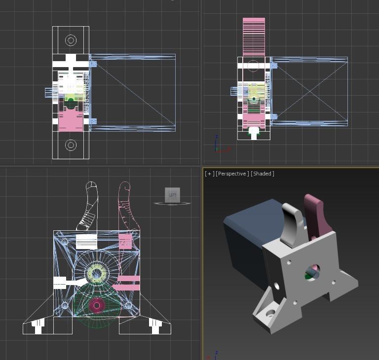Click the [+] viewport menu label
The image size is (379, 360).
(210, 174)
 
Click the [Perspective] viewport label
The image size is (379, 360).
(232, 174)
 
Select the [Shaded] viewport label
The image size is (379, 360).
(262, 174)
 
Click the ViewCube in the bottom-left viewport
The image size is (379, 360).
(172, 195)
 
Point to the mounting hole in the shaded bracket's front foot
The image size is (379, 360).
(270, 313)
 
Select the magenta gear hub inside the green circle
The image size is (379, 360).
(97, 306)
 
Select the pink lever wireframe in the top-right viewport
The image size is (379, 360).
(254, 37)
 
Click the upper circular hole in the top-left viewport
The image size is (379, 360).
(71, 40)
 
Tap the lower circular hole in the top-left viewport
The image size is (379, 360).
(71, 145)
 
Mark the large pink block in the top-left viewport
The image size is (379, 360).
(71, 121)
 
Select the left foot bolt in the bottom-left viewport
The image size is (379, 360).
(38, 325)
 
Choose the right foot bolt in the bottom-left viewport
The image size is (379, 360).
(155, 325)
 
